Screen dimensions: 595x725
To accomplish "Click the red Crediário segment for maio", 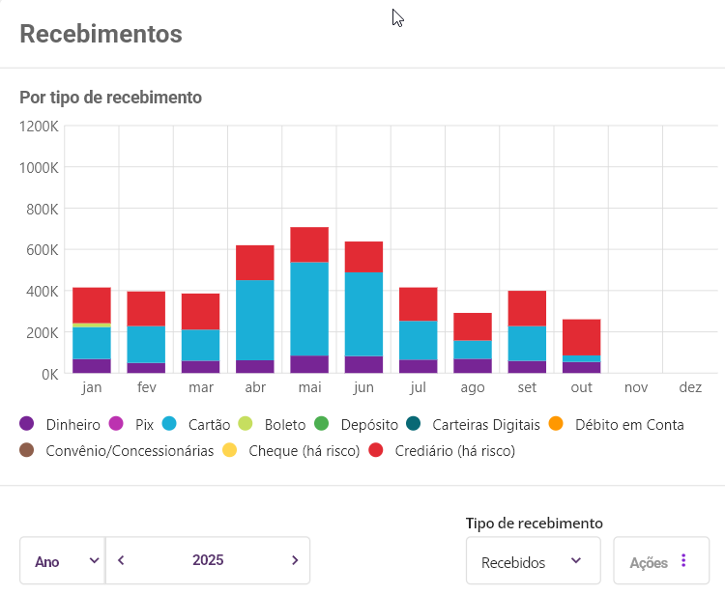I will pyautogui.click(x=309, y=244).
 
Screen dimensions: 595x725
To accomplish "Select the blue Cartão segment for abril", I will pyautogui.click(x=255, y=320).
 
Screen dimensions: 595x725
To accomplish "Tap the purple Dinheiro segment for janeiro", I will pyautogui.click(x=92, y=365).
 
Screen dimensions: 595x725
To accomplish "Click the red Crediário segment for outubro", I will pyautogui.click(x=581, y=337).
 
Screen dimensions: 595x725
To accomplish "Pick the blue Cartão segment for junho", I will pyautogui.click(x=363, y=314).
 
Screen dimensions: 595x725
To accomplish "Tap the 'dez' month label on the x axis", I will pyautogui.click(x=690, y=387).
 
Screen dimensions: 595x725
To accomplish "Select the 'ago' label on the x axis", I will pyautogui.click(x=473, y=387).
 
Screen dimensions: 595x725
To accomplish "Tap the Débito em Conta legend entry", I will pyautogui.click(x=619, y=424).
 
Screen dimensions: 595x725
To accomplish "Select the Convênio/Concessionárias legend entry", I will pyautogui.click(x=117, y=450).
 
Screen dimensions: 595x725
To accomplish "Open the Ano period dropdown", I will pyautogui.click(x=62, y=561).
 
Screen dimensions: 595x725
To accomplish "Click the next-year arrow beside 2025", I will pyautogui.click(x=295, y=560).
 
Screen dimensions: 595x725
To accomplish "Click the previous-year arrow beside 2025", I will pyautogui.click(x=121, y=560).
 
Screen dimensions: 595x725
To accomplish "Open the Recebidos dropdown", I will pyautogui.click(x=533, y=561).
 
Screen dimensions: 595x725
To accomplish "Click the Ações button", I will pyautogui.click(x=661, y=561).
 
